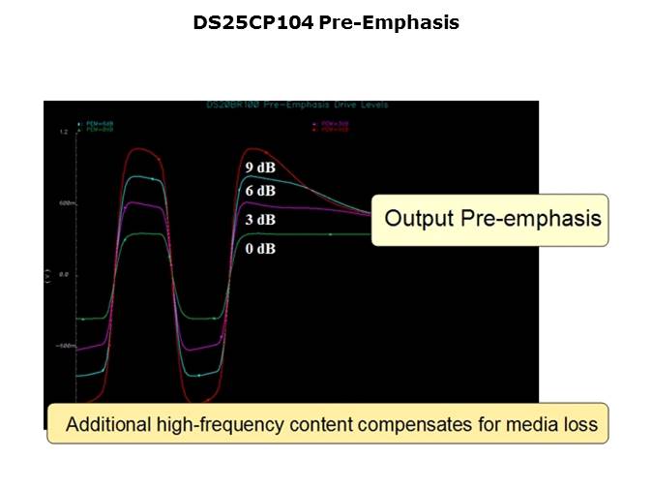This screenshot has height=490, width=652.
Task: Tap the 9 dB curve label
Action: pos(259,168)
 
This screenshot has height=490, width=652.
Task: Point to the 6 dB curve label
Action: pos(259,191)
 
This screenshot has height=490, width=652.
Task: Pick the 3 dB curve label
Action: pos(259,220)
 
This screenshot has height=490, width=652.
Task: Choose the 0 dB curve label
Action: pos(259,249)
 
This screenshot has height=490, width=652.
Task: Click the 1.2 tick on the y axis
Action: pos(63,132)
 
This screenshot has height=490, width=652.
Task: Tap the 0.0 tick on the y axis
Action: pos(63,274)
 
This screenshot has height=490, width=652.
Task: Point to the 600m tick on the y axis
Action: pos(65,203)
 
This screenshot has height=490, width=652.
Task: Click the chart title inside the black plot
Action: pos(296,105)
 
